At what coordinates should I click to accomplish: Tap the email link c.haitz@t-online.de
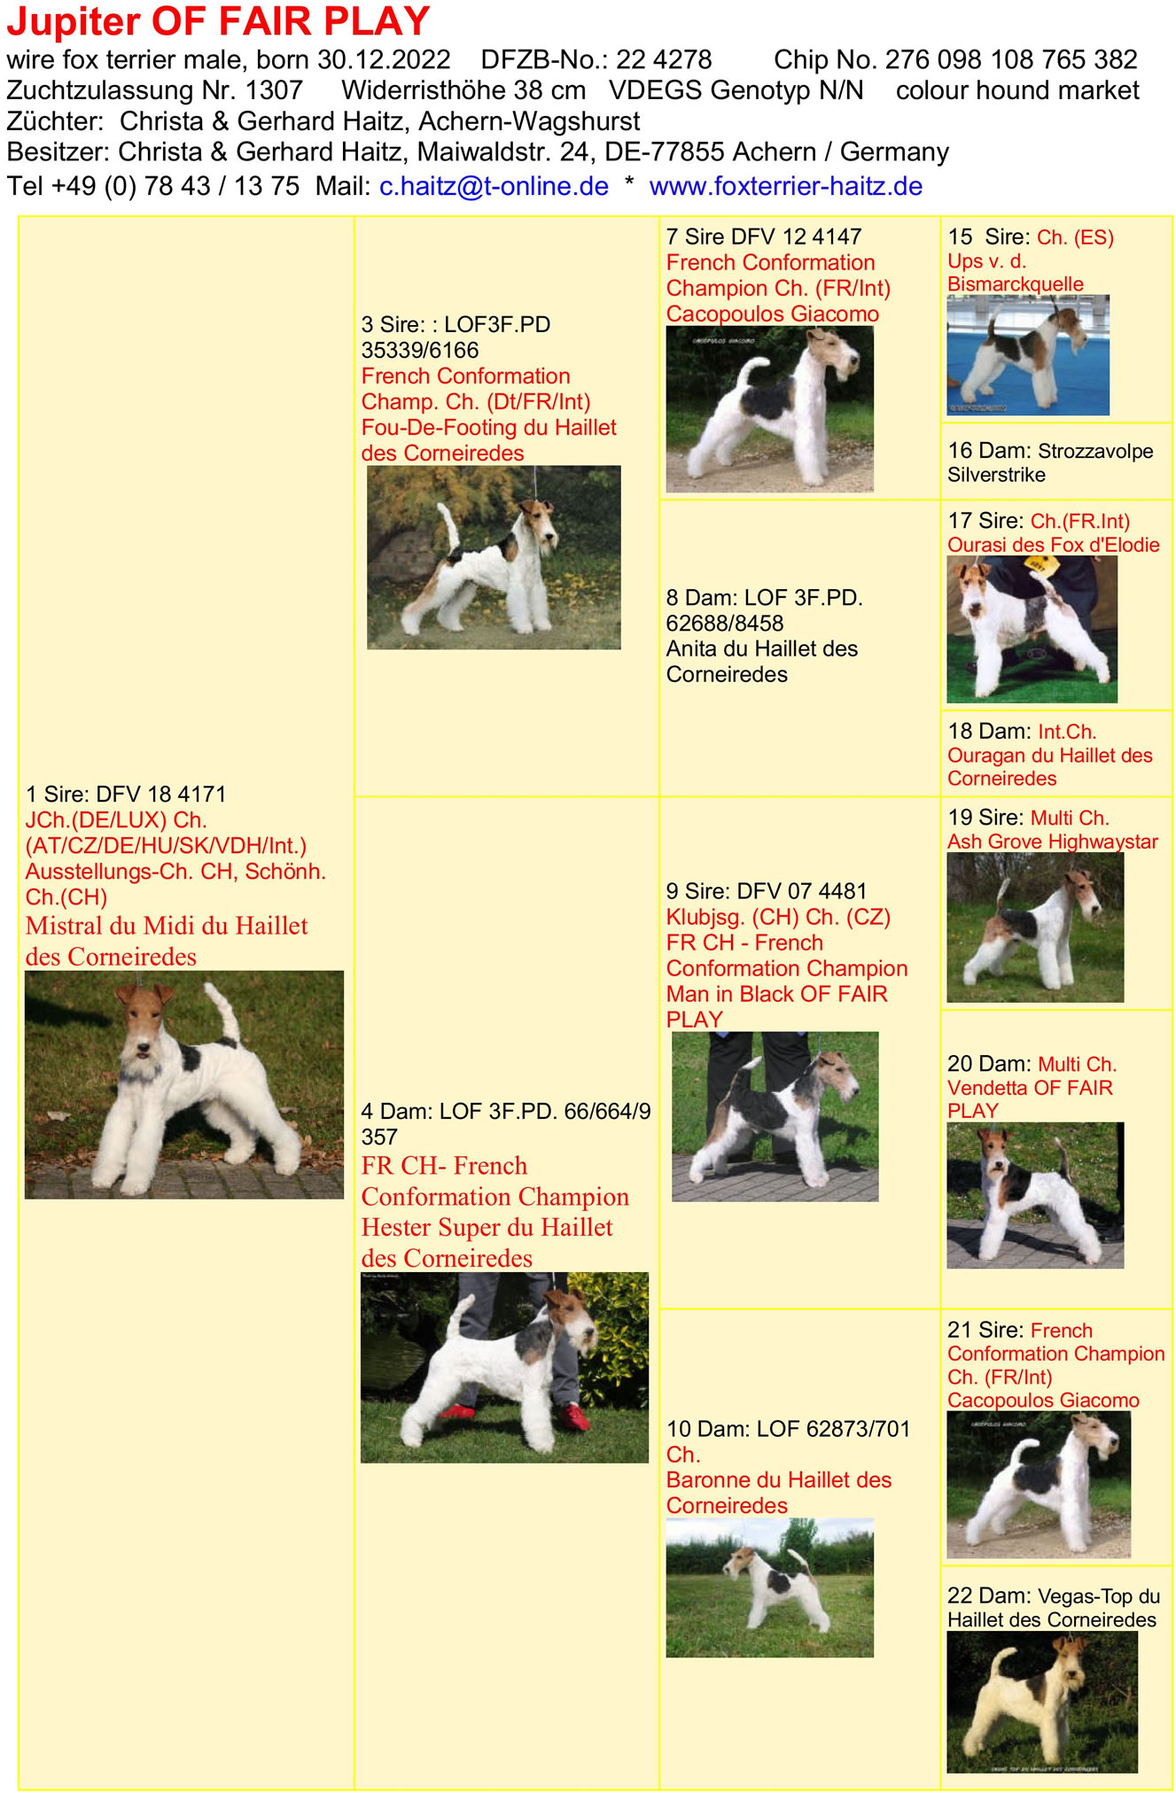click(x=494, y=186)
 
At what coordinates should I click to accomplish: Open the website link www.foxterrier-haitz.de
click(x=786, y=186)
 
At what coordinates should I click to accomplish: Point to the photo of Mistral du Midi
click(x=184, y=1084)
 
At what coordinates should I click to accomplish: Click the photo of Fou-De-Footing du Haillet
click(x=494, y=557)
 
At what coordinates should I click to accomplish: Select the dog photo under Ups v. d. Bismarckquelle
click(x=1028, y=355)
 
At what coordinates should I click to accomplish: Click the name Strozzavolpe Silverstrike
click(x=1050, y=462)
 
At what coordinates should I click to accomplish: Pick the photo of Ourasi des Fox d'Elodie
click(x=1032, y=629)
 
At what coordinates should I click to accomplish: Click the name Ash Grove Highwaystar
click(x=1053, y=842)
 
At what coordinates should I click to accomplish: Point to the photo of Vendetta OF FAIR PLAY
click(x=1035, y=1195)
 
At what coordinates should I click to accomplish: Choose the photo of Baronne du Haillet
click(x=769, y=1587)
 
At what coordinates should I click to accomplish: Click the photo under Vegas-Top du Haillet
click(x=1042, y=1702)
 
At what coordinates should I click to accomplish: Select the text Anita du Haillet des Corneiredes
click(x=762, y=661)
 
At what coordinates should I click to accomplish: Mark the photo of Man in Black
click(x=775, y=1116)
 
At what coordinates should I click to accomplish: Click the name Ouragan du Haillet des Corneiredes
click(x=1050, y=766)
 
